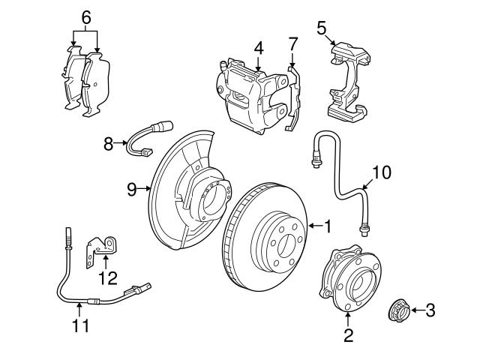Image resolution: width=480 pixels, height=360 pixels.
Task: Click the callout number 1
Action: point(327,223)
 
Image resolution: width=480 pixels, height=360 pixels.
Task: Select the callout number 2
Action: point(347,335)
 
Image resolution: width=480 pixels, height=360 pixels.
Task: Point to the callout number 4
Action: point(258,48)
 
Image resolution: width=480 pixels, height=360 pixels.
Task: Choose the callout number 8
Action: point(108,142)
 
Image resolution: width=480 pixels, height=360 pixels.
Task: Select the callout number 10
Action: point(381,172)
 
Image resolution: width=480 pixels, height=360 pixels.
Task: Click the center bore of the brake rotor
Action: point(279,241)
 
